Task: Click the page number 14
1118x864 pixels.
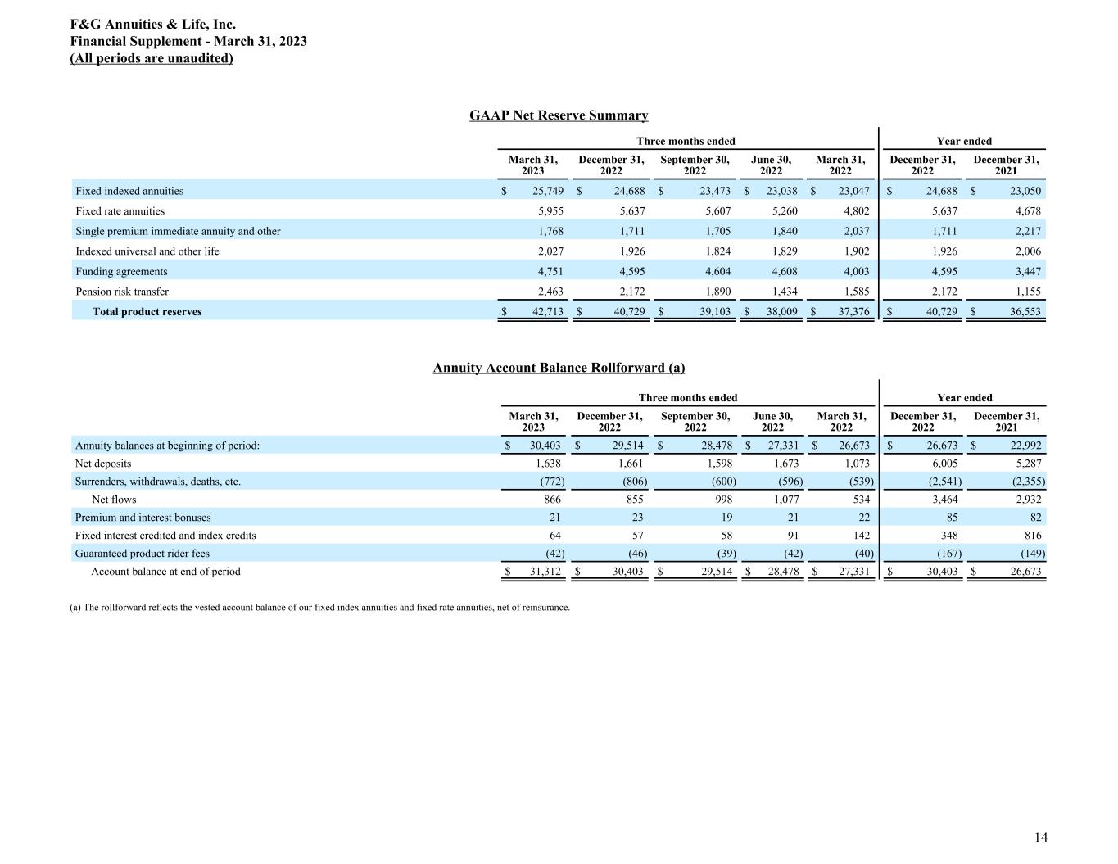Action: point(1040,837)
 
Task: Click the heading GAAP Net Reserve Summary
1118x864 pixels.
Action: point(559,115)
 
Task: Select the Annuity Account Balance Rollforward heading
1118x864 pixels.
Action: point(559,368)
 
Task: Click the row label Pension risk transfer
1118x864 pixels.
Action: point(122,292)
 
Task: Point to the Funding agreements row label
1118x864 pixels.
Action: point(121,272)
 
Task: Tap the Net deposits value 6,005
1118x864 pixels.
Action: point(944,464)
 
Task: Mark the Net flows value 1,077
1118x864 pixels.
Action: point(786,500)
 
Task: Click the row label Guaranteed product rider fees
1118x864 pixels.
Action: point(143,554)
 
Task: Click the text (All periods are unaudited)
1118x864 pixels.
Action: point(152,58)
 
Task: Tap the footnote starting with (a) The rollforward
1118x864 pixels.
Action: point(320,608)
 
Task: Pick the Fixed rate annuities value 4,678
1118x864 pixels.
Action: point(1026,211)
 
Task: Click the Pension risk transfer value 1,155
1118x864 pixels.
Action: point(1026,292)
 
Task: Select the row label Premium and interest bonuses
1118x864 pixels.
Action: point(143,518)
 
